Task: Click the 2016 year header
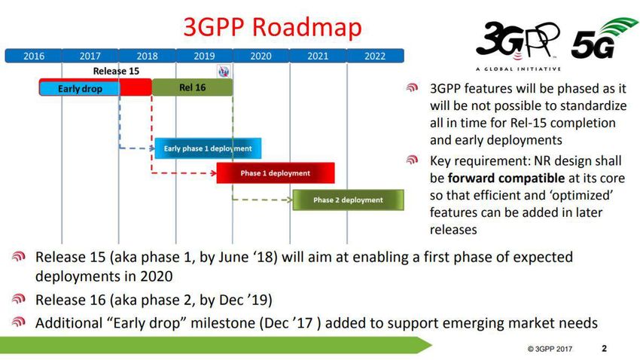(x=33, y=56)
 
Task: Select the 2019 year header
(x=204, y=56)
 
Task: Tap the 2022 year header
(x=375, y=56)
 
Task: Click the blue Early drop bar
(x=80, y=89)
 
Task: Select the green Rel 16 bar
(x=192, y=87)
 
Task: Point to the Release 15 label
(x=116, y=71)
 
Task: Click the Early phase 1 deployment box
(x=208, y=148)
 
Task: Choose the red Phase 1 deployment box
(x=276, y=173)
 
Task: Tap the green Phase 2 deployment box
(x=348, y=200)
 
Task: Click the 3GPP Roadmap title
(x=273, y=27)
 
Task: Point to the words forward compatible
(x=506, y=178)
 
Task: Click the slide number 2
(x=604, y=348)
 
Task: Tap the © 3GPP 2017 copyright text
(x=550, y=349)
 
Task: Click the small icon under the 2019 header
(x=224, y=72)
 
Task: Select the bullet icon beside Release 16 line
(x=19, y=299)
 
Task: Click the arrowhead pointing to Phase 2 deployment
(x=290, y=200)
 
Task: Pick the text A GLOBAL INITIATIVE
(x=518, y=69)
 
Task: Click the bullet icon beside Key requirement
(x=413, y=160)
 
